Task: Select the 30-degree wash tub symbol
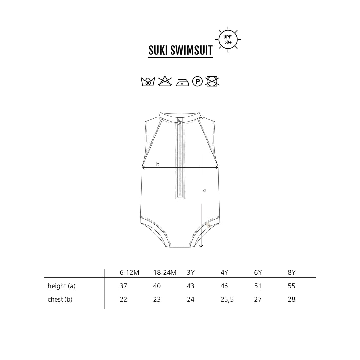[148, 81]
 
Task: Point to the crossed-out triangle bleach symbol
[165, 81]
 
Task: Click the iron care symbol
[183, 82]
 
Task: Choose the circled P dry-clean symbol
[197, 81]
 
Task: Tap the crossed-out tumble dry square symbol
[212, 81]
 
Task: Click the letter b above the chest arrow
[158, 164]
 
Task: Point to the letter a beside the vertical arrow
[204, 190]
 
